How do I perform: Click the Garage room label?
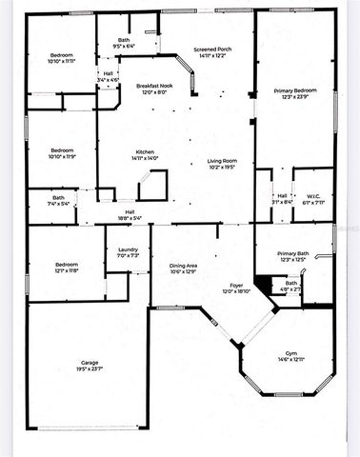click(x=90, y=362)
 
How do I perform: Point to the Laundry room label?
click(x=128, y=249)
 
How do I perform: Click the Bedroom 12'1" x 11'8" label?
click(x=65, y=264)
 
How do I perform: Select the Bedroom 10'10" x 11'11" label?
click(x=61, y=55)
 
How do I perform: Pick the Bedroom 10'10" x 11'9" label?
click(x=62, y=150)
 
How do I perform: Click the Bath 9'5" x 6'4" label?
click(x=124, y=39)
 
